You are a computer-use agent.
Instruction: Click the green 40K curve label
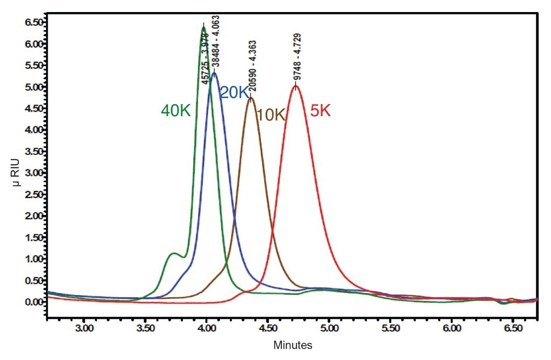176,111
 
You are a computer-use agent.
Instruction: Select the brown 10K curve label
271,115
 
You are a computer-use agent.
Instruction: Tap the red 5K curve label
320,112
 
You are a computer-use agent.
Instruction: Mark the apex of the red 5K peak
296,86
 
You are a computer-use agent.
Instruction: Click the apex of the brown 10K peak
251,98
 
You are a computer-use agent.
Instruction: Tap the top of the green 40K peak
204,28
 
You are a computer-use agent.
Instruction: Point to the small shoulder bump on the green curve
173,254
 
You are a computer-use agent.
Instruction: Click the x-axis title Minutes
293,345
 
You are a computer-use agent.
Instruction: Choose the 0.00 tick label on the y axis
33,302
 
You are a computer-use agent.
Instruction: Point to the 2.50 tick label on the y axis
33,194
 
